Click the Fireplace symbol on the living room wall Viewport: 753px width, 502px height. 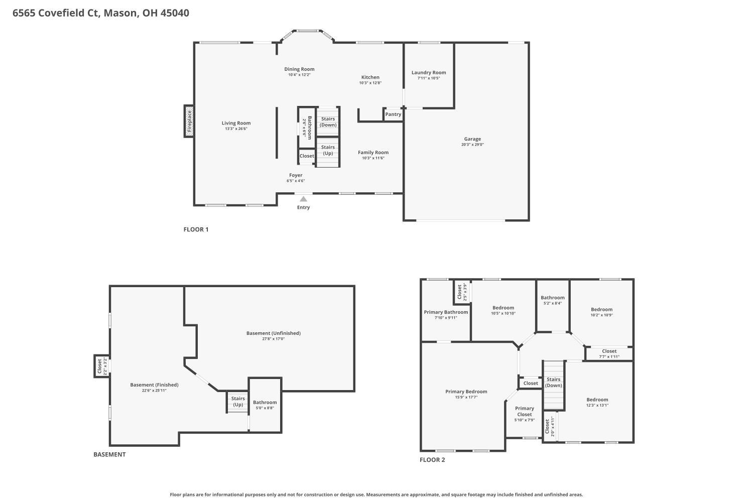pyautogui.click(x=189, y=121)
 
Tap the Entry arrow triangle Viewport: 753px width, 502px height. pyautogui.click(x=303, y=199)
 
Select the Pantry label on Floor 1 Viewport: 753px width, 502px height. pyautogui.click(x=393, y=114)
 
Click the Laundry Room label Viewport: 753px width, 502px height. pyautogui.click(x=429, y=73)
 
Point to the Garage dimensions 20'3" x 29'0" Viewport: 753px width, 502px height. pyautogui.click(x=472, y=145)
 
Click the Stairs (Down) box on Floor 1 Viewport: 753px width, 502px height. pyautogui.click(x=328, y=122)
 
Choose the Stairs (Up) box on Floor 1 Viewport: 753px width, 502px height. pyautogui.click(x=328, y=151)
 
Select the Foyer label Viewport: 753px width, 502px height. pyautogui.click(x=296, y=175)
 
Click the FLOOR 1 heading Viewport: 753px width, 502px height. pyautogui.click(x=196, y=229)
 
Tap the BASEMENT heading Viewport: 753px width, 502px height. pyautogui.click(x=109, y=454)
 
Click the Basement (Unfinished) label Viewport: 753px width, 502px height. pyautogui.click(x=273, y=333)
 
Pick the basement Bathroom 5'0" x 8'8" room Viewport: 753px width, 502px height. pyautogui.click(x=265, y=405)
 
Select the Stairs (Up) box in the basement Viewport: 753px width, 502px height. pyautogui.click(x=238, y=402)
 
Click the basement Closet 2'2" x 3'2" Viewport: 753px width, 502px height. pyautogui.click(x=101, y=366)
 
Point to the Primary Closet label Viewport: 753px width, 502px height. pyautogui.click(x=524, y=411)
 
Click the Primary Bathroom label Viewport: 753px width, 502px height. pyautogui.click(x=446, y=312)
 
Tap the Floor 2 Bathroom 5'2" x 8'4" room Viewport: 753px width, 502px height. pyautogui.click(x=552, y=300)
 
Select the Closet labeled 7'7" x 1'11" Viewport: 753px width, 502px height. pyautogui.click(x=609, y=354)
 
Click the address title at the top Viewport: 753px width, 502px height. pyautogui.click(x=101, y=13)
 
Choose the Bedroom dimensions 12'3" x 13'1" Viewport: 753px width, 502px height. pyautogui.click(x=597, y=406)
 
